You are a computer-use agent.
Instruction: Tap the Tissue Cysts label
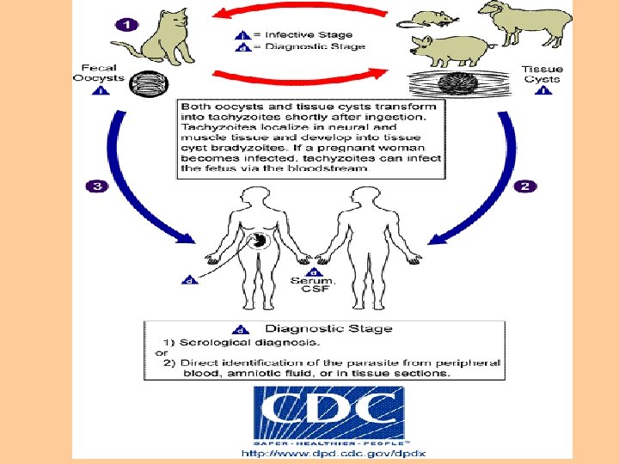pos(542,74)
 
